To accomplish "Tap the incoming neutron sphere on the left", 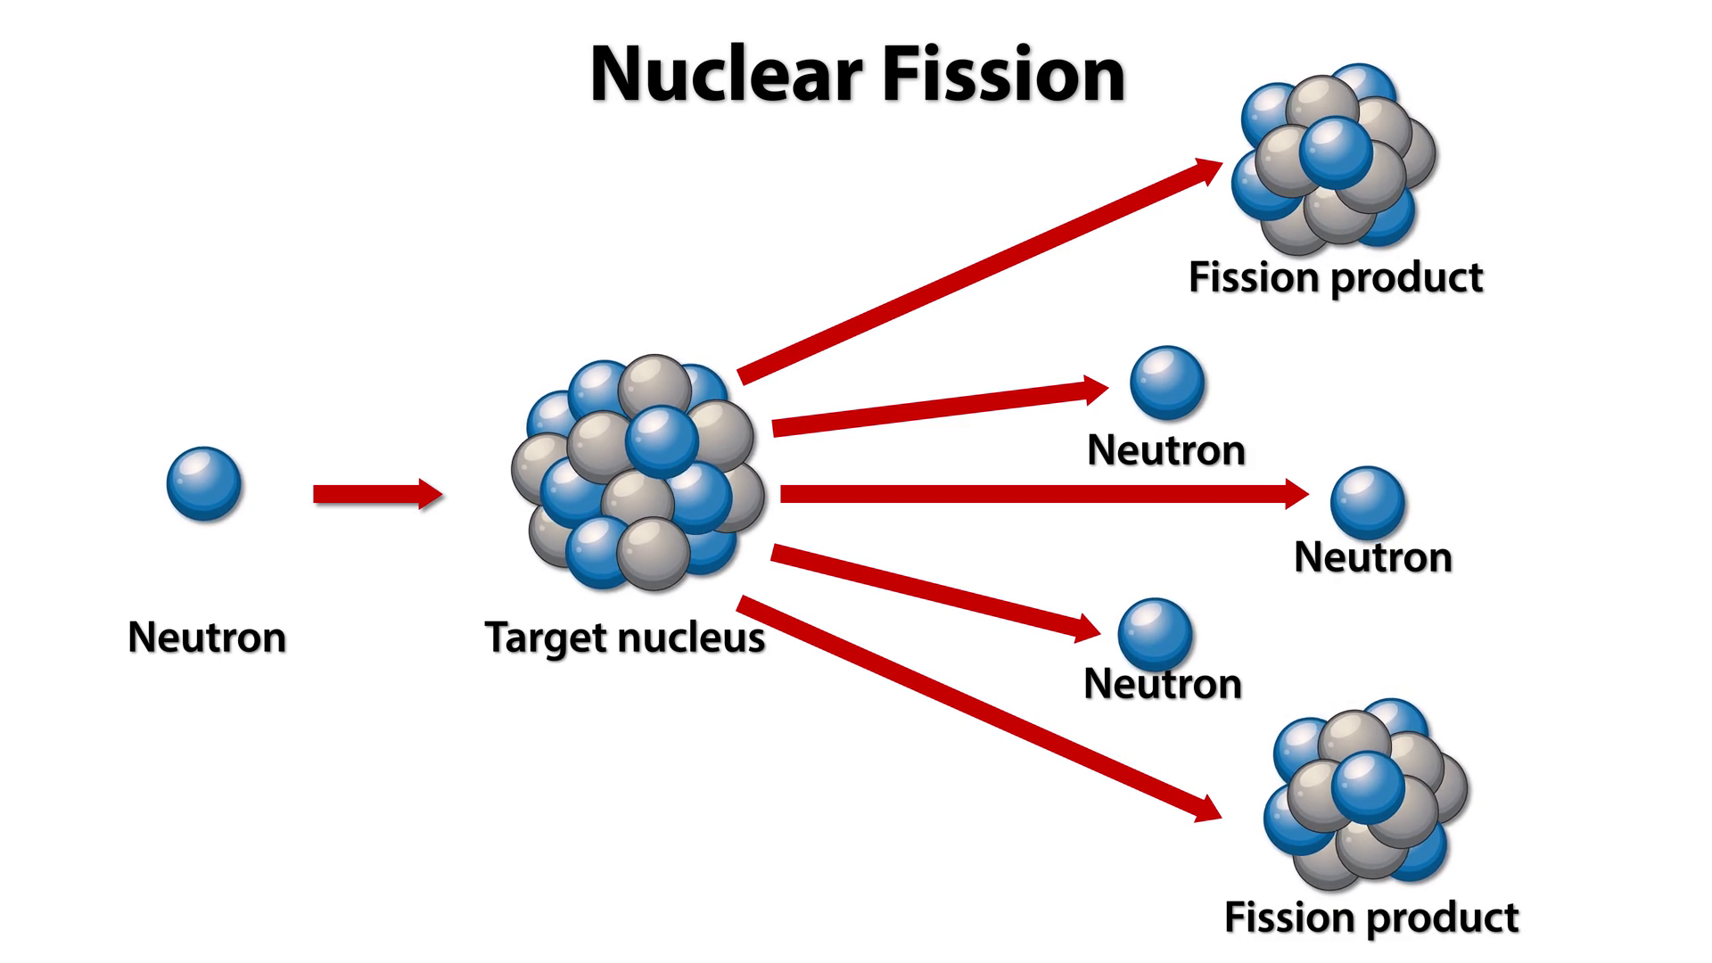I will (x=204, y=483).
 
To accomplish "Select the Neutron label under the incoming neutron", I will (x=207, y=638).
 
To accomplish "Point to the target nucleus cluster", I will (x=638, y=473).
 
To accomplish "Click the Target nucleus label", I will (x=624, y=638).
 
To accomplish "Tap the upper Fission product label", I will (x=1335, y=277).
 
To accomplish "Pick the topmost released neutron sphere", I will (x=1167, y=383).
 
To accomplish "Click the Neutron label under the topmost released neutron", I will (x=1166, y=450).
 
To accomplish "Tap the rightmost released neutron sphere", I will (x=1368, y=503).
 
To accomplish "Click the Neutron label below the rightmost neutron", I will (x=1372, y=557).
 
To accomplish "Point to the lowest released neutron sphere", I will (x=1155, y=634).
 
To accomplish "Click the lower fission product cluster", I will (x=1365, y=794).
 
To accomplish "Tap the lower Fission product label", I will (x=1370, y=918).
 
